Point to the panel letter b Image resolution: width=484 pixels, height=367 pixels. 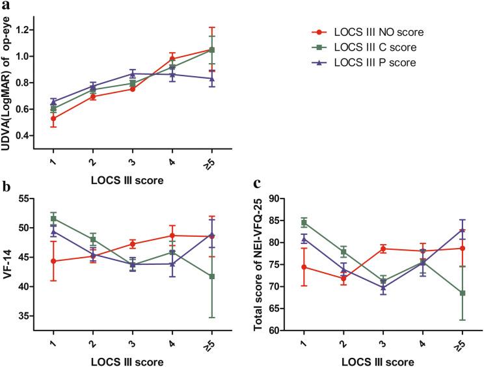click(5, 189)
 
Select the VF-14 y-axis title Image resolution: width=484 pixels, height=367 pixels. click(9, 258)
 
